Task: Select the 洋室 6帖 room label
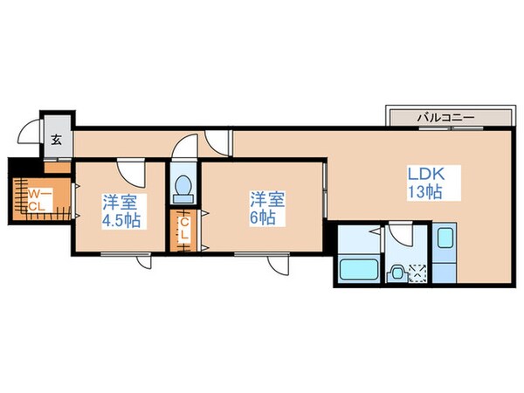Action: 263,209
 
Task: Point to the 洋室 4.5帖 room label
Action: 119,210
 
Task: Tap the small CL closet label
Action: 185,231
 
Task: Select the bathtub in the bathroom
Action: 357,269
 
